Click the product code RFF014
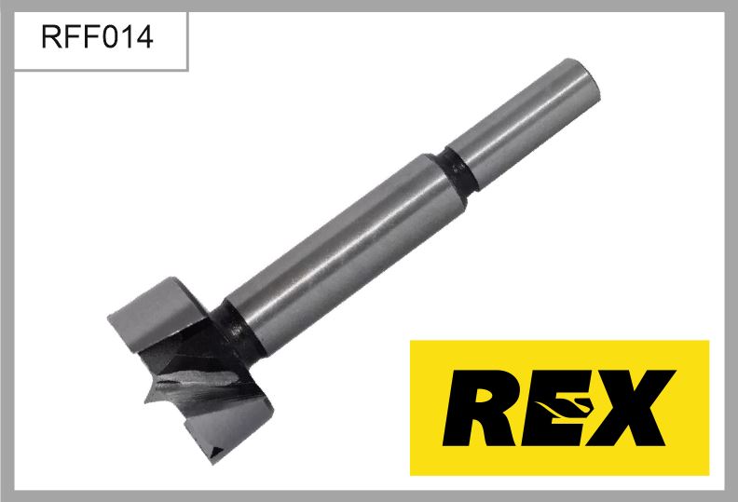97,36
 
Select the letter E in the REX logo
556,407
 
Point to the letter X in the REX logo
632,407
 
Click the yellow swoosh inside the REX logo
564,405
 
